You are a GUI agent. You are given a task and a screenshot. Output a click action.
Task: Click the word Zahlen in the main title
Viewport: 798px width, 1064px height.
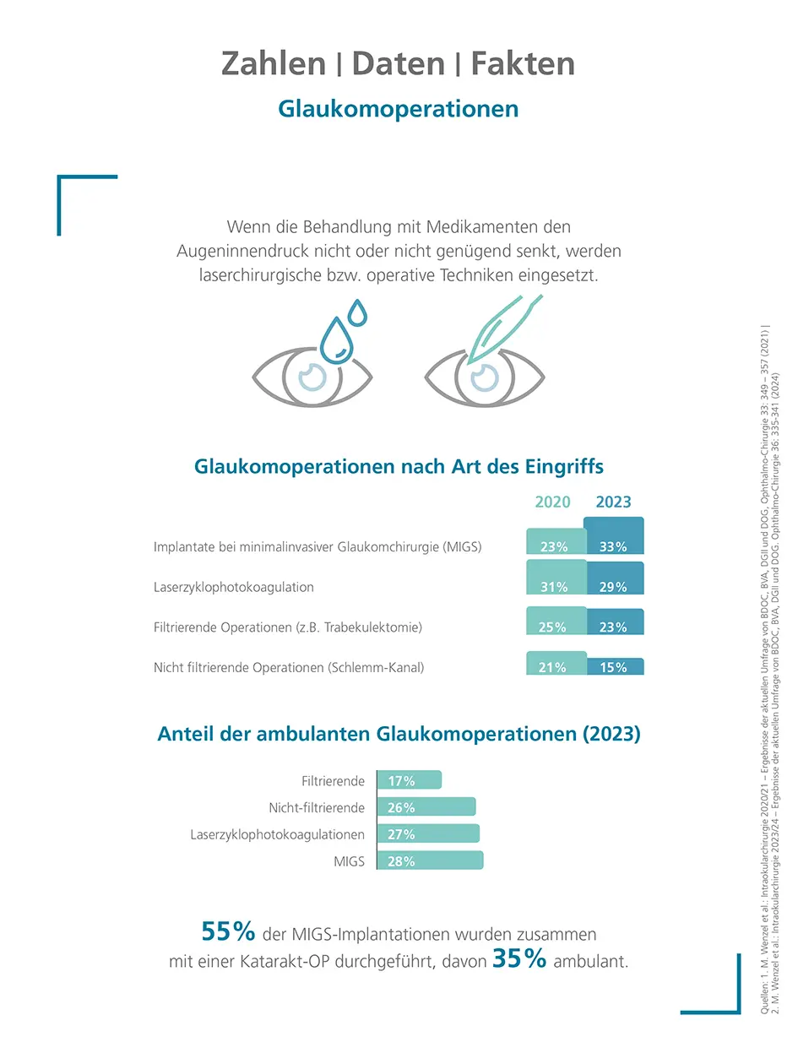coord(273,64)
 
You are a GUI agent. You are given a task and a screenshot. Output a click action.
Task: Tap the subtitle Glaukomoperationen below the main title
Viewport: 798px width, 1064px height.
coord(398,109)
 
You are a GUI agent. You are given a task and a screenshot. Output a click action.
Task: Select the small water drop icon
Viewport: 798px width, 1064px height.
coord(359,312)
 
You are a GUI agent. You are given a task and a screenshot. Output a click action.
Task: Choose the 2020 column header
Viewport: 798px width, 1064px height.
coord(553,502)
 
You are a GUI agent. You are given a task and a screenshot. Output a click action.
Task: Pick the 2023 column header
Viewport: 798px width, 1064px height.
coord(613,502)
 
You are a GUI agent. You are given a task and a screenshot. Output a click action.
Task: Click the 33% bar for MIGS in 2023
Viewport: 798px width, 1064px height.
coord(613,537)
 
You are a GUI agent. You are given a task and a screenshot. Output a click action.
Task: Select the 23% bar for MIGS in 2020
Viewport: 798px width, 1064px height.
coord(555,542)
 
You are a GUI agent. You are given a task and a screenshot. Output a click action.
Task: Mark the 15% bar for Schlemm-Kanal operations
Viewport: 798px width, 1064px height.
coord(613,666)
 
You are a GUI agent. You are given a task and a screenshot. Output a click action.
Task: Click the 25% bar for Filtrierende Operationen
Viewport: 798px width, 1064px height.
coord(555,622)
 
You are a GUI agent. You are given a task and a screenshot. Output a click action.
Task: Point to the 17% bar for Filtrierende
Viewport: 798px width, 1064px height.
coord(409,781)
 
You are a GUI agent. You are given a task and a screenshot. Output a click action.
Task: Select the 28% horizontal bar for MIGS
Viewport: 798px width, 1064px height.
coord(430,861)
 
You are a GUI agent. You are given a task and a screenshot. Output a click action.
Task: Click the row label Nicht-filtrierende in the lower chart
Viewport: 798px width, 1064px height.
coord(317,808)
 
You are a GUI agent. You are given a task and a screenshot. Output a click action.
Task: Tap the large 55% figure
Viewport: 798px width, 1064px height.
coord(228,931)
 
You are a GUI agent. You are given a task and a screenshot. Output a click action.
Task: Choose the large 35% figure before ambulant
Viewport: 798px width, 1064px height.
coord(519,960)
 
